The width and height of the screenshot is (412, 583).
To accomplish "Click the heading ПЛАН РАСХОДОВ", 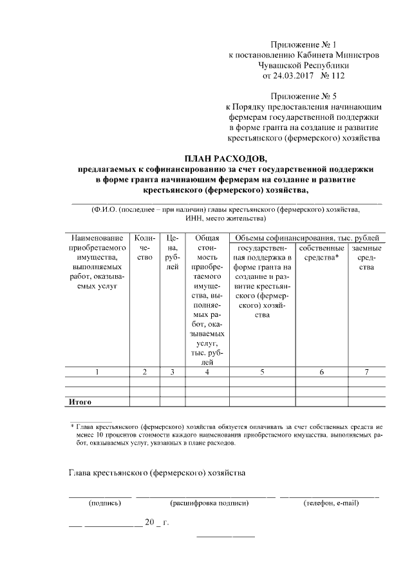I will click(x=225, y=158).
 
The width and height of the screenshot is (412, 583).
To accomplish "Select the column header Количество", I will click(x=145, y=247).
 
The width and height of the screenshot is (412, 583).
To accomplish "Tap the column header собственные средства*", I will click(x=321, y=253).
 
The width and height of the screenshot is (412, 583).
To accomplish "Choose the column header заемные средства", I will click(x=366, y=258).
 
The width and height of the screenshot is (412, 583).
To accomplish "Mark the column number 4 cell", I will click(x=207, y=372).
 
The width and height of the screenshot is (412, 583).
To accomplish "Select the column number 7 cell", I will click(x=366, y=372).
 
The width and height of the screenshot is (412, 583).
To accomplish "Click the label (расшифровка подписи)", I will click(x=208, y=503).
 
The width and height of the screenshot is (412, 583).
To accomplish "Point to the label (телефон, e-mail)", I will click(x=330, y=503).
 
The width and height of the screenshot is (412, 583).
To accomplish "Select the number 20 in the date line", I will click(x=150, y=522).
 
